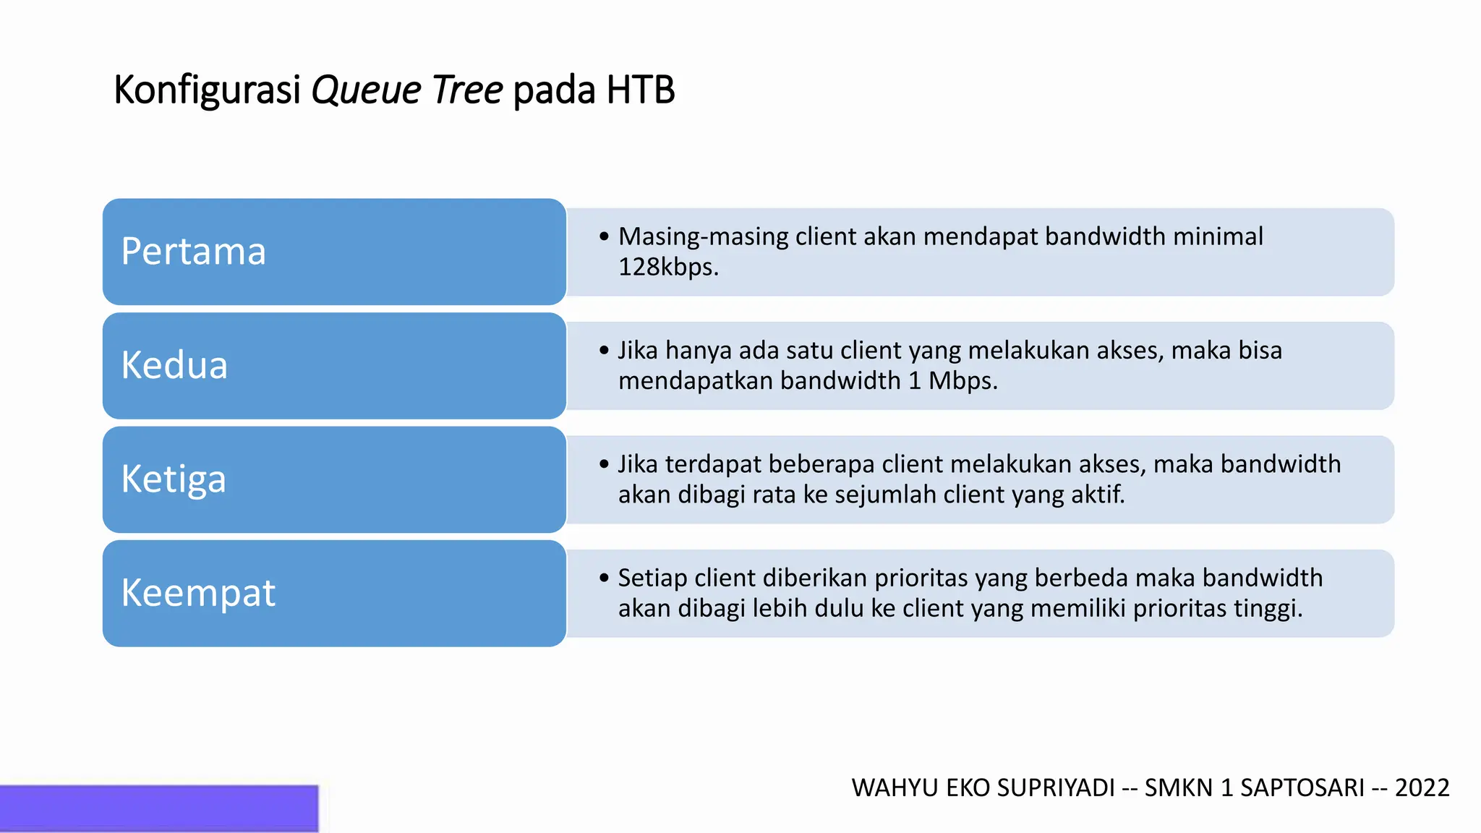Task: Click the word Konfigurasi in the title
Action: pyautogui.click(x=207, y=90)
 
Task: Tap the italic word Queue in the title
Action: pyautogui.click(x=366, y=90)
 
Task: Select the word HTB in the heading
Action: pyautogui.click(x=641, y=90)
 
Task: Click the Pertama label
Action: pyautogui.click(x=193, y=252)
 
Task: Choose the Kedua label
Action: pyautogui.click(x=174, y=365)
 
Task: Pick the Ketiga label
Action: pyautogui.click(x=174, y=479)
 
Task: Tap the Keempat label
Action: pyautogui.click(x=198, y=593)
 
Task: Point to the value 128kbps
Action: pyautogui.click(x=668, y=268)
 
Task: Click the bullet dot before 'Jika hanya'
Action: pyautogui.click(x=605, y=351)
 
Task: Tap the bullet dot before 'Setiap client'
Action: pyautogui.click(x=605, y=578)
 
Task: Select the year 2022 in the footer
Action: pyautogui.click(x=1422, y=787)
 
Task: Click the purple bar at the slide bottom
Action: pyautogui.click(x=159, y=808)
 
